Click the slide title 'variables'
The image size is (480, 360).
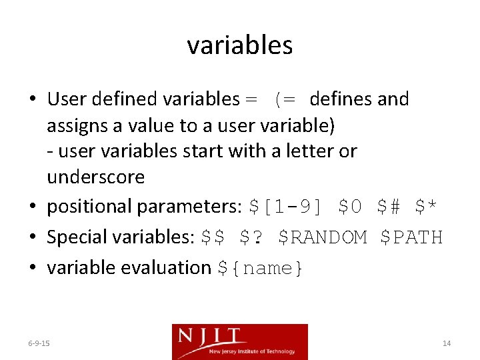(x=239, y=45)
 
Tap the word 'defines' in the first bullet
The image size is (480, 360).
(x=341, y=99)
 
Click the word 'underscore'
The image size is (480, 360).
(x=95, y=177)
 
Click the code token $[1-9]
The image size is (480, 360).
(x=285, y=207)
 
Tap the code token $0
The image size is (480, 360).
(x=350, y=207)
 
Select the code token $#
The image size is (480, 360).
(x=388, y=207)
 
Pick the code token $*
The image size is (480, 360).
(x=426, y=207)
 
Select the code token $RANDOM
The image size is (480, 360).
(x=322, y=237)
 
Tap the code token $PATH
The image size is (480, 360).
(x=411, y=237)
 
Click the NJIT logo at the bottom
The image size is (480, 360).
(x=240, y=341)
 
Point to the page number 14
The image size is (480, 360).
(x=447, y=343)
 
